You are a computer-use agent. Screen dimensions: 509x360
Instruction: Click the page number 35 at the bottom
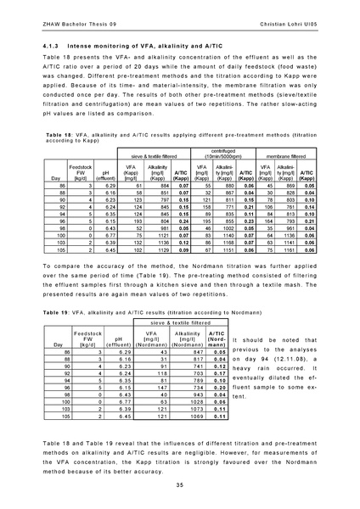click(180, 484)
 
